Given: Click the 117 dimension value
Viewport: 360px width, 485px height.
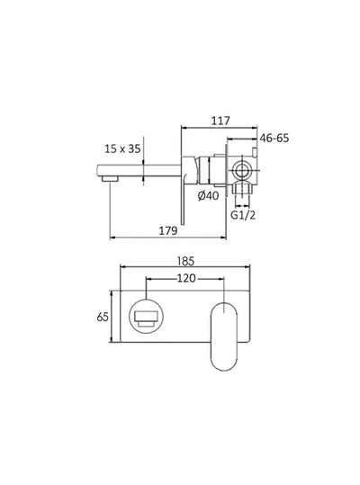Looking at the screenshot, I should click(221, 117).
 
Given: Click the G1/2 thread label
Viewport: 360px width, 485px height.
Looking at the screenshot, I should click(243, 216).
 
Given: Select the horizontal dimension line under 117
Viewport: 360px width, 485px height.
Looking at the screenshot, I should click(217, 126).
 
